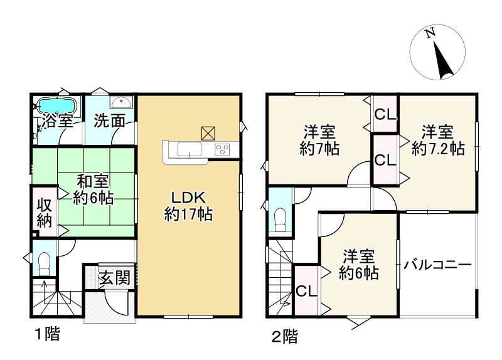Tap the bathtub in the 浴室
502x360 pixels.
pos(56,104)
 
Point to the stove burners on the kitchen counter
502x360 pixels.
pos(222,149)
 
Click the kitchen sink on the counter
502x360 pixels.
pos(188,149)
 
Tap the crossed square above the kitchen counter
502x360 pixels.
pos(208,132)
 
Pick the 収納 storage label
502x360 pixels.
pos(43,213)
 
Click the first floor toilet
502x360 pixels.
pos(43,263)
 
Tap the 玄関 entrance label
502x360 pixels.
pos(115,277)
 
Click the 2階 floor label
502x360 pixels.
pos(284,336)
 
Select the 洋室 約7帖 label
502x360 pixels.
pos(319,141)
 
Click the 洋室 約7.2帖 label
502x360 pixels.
pos(437,140)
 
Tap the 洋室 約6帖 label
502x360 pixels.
pos(358,265)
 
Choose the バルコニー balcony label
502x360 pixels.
pos(437,265)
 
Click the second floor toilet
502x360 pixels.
pos(280,220)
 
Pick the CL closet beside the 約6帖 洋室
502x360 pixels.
pos(306,292)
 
